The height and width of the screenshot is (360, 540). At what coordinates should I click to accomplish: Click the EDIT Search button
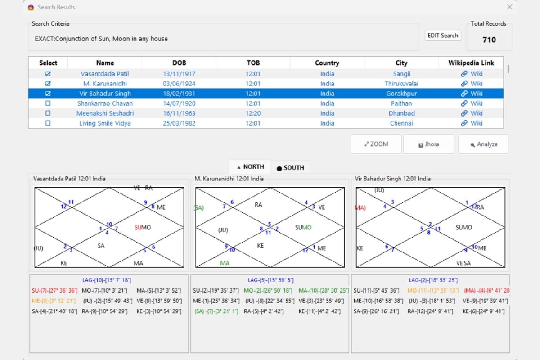(x=443, y=36)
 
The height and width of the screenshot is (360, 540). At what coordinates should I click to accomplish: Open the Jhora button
(x=428, y=144)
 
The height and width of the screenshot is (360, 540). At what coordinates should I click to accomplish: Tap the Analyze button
(x=484, y=144)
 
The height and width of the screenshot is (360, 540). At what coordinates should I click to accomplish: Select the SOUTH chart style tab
(x=291, y=167)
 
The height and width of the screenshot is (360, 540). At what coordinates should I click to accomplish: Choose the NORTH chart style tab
(x=250, y=167)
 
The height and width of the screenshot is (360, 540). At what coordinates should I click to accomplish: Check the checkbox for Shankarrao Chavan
(x=48, y=103)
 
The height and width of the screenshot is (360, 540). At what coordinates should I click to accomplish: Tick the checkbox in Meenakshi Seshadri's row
(x=48, y=113)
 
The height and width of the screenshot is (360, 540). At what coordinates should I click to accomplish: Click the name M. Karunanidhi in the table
(x=105, y=84)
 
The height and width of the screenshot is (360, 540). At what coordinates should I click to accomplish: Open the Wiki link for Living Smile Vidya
(x=472, y=123)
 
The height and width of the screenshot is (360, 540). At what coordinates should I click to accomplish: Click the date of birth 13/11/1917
(x=179, y=74)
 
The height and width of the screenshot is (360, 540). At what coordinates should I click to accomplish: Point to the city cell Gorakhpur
(x=401, y=94)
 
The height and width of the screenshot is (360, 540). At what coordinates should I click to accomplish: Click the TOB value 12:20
(x=253, y=113)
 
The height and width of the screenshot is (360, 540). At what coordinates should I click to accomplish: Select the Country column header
(x=327, y=63)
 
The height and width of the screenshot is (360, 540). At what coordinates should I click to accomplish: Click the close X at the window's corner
(x=509, y=7)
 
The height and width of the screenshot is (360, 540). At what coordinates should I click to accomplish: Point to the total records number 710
(x=489, y=40)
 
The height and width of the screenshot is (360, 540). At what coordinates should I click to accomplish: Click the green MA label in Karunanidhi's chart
(x=225, y=263)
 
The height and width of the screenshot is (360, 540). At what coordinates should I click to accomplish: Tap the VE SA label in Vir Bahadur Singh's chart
(x=463, y=263)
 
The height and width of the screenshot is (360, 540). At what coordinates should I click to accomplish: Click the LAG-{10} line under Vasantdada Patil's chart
(x=107, y=280)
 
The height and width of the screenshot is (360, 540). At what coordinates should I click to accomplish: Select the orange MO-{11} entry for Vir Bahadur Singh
(x=433, y=291)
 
